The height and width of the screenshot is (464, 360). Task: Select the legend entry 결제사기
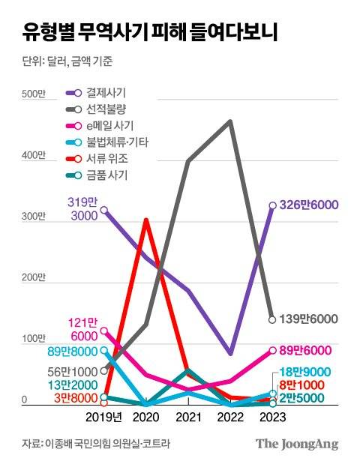(x=106, y=93)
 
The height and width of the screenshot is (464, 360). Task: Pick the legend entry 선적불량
(x=106, y=109)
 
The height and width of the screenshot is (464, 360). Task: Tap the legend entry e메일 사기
(x=111, y=126)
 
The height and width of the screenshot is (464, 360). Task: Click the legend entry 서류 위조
(x=108, y=159)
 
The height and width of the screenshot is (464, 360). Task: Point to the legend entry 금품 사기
(x=108, y=175)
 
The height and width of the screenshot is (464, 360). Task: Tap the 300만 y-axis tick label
(x=33, y=217)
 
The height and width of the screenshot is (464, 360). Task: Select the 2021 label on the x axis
(x=187, y=417)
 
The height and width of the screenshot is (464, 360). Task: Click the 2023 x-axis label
(x=271, y=417)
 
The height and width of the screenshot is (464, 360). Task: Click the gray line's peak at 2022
(x=229, y=121)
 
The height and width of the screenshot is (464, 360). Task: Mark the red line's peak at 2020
(x=146, y=220)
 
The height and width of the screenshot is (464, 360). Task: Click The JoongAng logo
(x=296, y=443)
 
